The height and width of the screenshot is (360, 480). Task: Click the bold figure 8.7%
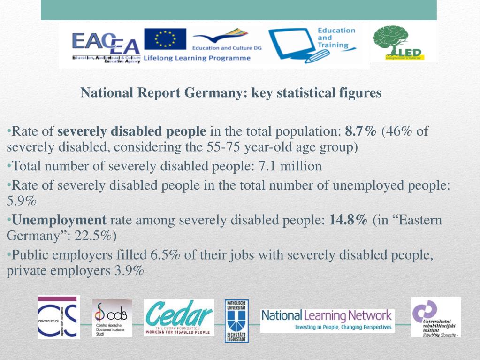tap(360, 131)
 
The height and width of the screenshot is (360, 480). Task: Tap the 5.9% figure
tap(22, 201)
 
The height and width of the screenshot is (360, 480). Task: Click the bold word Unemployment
tap(60, 220)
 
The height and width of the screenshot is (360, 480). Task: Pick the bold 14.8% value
tap(348, 220)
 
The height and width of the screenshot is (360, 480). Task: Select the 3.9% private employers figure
tap(129, 271)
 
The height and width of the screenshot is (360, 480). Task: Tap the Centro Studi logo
tap(58, 317)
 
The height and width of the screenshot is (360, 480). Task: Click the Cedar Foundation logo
tap(179, 317)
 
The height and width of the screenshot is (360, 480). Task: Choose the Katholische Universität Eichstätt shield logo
tap(236, 321)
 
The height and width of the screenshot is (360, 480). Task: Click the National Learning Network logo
tap(328, 320)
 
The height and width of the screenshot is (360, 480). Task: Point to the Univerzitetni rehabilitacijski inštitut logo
tap(435, 317)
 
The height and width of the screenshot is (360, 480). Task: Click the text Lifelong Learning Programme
tap(197, 58)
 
